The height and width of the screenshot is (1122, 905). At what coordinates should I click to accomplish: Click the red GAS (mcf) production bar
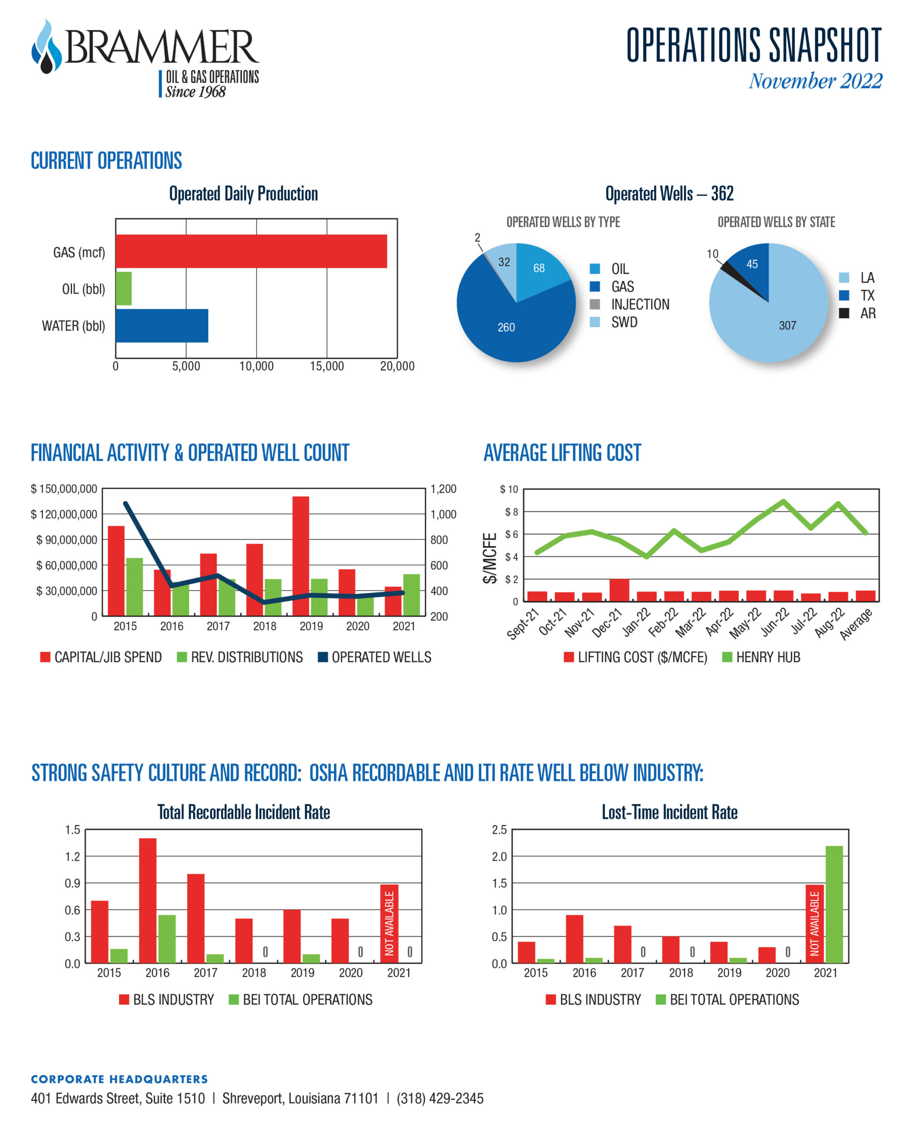251,251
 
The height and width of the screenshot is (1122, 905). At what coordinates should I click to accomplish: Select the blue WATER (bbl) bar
162,326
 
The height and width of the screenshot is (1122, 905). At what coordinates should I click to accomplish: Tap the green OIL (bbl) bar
124,288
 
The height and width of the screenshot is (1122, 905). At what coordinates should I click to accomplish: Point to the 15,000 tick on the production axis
327,366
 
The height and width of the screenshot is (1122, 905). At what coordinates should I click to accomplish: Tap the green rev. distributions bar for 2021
411,595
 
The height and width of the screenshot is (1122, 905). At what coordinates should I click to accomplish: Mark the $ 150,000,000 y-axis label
64,489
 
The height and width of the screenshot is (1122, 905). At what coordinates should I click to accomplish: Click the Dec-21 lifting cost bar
619,590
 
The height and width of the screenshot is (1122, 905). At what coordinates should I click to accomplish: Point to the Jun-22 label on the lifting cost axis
776,623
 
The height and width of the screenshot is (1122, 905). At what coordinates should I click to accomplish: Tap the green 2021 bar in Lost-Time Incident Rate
834,904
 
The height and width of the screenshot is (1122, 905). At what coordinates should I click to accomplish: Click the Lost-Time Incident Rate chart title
670,813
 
